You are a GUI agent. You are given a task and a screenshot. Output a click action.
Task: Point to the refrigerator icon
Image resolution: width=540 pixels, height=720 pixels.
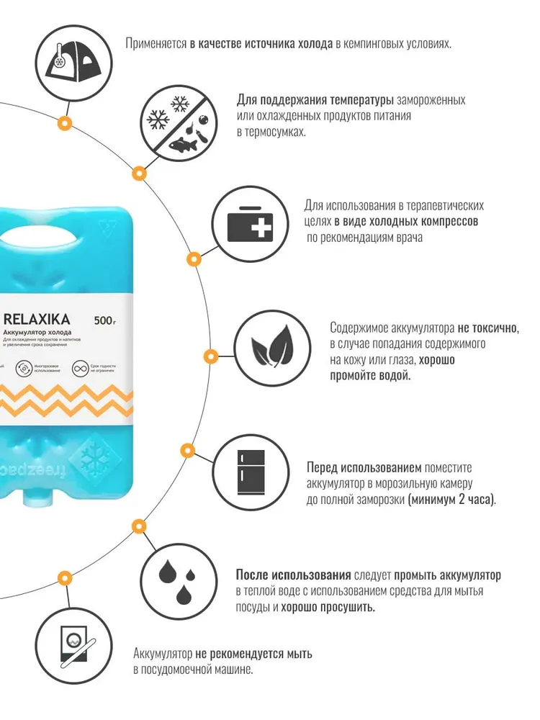[251, 469]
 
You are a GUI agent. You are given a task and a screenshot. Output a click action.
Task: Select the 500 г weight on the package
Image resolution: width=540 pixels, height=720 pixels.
[104, 320]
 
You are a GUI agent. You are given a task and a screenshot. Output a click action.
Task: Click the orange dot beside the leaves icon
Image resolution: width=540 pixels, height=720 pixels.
[210, 356]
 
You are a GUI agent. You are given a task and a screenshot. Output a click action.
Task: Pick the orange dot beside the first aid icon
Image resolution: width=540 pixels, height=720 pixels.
[192, 258]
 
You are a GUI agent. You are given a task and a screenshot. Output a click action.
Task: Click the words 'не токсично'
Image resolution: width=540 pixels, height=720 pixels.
[488, 328]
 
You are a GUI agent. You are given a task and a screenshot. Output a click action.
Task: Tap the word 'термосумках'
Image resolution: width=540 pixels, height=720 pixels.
[271, 132]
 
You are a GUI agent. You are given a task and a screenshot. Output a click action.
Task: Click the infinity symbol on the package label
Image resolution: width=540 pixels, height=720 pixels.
[77, 369]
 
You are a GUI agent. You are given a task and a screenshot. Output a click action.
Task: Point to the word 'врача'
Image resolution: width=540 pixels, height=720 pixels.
[407, 237]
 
